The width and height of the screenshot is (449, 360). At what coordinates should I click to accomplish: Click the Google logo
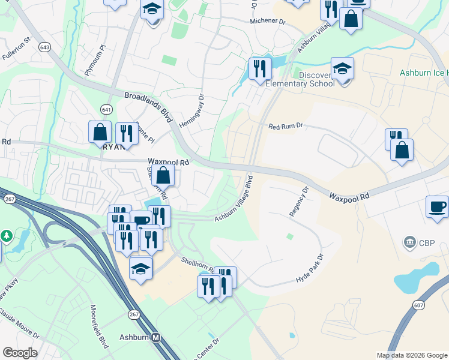pos(19,353)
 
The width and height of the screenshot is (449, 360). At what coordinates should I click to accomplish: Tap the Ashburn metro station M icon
pos(156,337)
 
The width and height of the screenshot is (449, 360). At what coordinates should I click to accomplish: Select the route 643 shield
pos(44,47)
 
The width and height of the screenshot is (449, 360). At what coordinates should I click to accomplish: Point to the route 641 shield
pos(106,109)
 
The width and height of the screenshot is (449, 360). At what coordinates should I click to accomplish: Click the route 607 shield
pos(418,305)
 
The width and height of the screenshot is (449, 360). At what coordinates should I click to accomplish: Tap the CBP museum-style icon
pos(411,242)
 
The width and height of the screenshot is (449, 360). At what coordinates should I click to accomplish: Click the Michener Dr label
pos(268,21)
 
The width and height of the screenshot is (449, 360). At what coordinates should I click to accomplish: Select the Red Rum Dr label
pos(286,126)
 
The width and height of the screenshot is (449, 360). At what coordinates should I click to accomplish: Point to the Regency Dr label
pos(298,201)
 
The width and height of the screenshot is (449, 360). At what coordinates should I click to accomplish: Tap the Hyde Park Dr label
pos(310,268)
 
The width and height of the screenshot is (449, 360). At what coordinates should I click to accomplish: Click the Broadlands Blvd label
pos(147,104)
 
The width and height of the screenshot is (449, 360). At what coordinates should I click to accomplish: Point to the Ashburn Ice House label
pos(424,73)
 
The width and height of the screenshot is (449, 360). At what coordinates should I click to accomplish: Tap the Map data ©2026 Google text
pos(412,355)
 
